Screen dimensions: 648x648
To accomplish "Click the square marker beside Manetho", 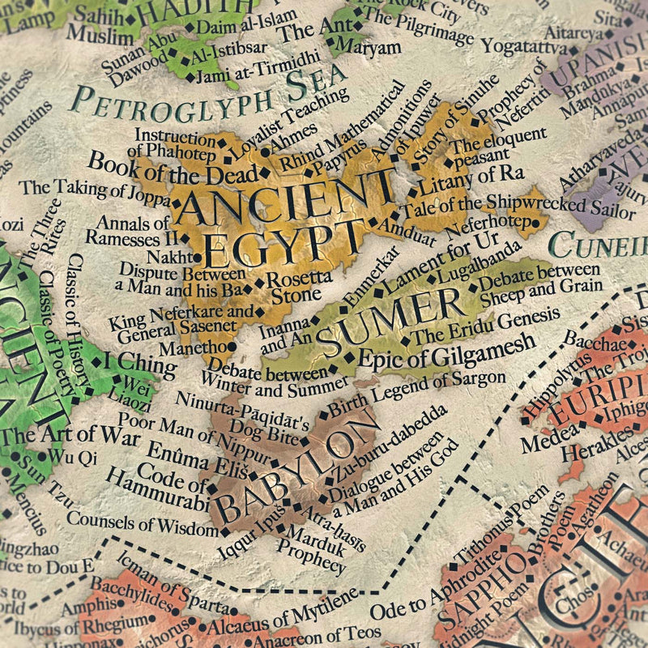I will (x=232, y=347).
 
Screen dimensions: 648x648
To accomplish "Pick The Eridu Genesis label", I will (x=474, y=328).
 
